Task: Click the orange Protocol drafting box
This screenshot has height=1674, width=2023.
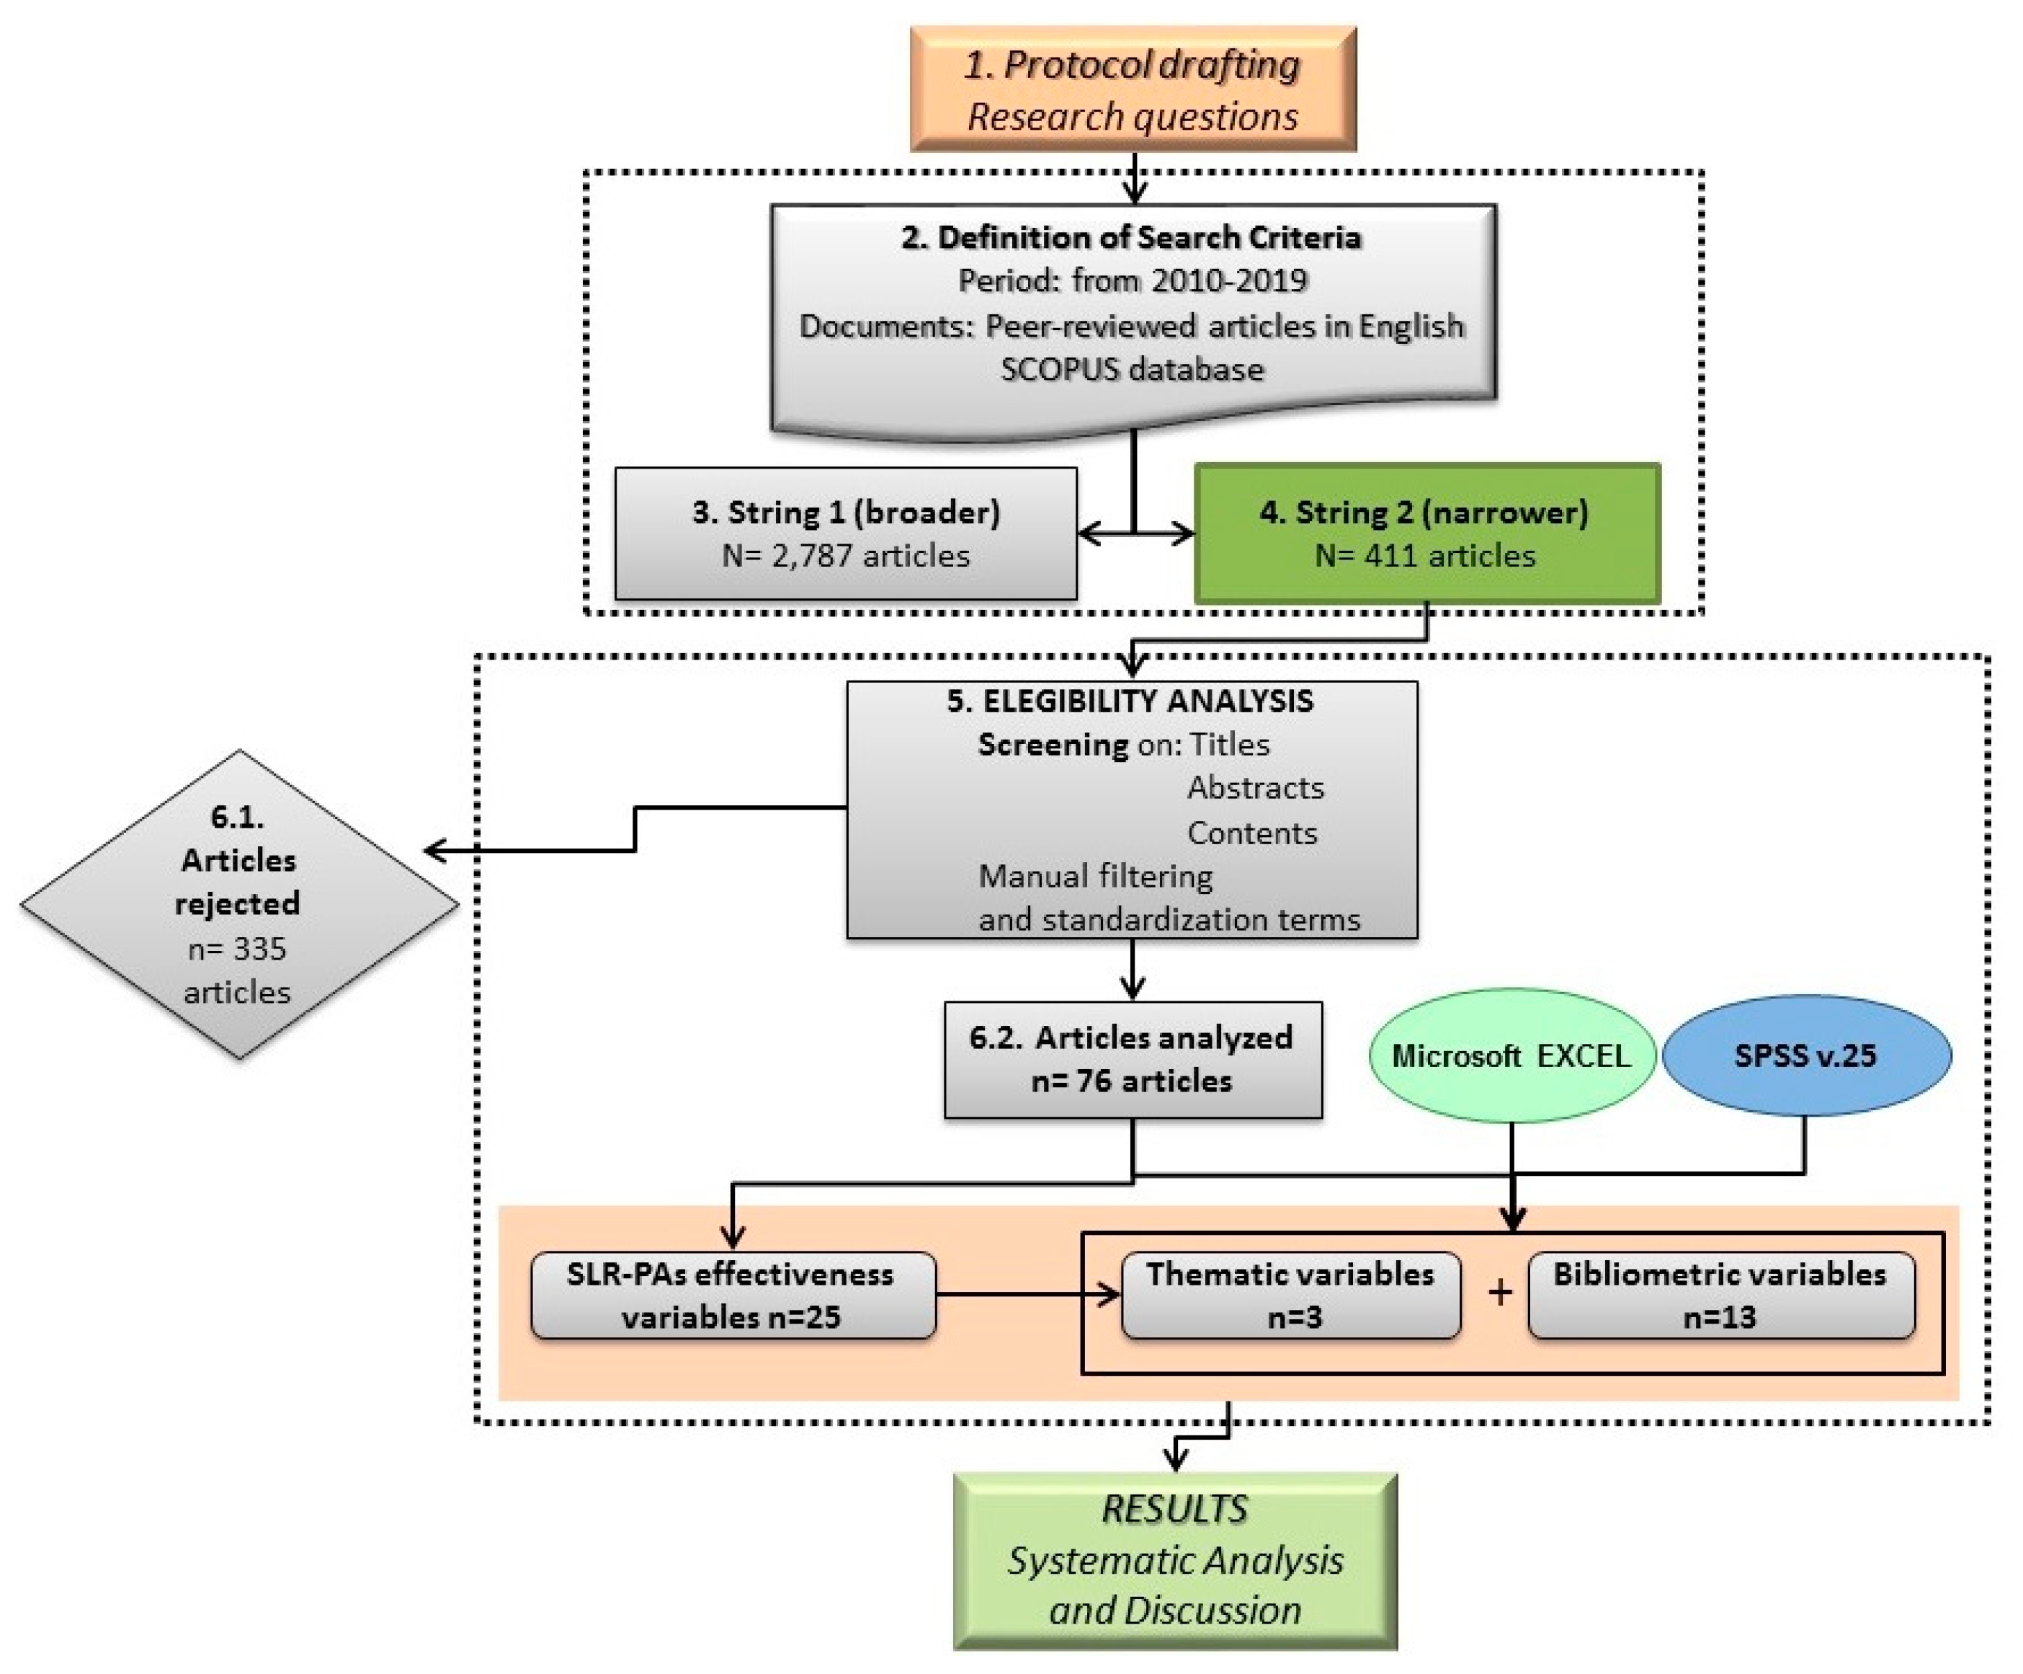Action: point(1133,89)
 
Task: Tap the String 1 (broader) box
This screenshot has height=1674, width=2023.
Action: point(846,533)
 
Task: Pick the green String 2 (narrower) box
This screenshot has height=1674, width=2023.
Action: point(1426,533)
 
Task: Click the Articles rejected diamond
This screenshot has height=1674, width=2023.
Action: point(239,904)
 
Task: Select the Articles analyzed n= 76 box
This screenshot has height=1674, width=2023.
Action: point(1133,1059)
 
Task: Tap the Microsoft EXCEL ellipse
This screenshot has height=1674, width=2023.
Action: point(1511,1055)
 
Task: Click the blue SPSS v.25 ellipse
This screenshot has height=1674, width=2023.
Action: point(1806,1055)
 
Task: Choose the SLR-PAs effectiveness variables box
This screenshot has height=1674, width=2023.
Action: point(733,1296)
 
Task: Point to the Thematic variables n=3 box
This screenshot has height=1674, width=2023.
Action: point(1291,1296)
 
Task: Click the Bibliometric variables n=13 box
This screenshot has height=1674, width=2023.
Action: point(1720,1296)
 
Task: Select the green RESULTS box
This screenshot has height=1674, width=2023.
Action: point(1175,1560)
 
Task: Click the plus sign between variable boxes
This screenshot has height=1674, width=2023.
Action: point(1499,1291)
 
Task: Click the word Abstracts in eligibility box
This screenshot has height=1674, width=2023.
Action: point(1255,787)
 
